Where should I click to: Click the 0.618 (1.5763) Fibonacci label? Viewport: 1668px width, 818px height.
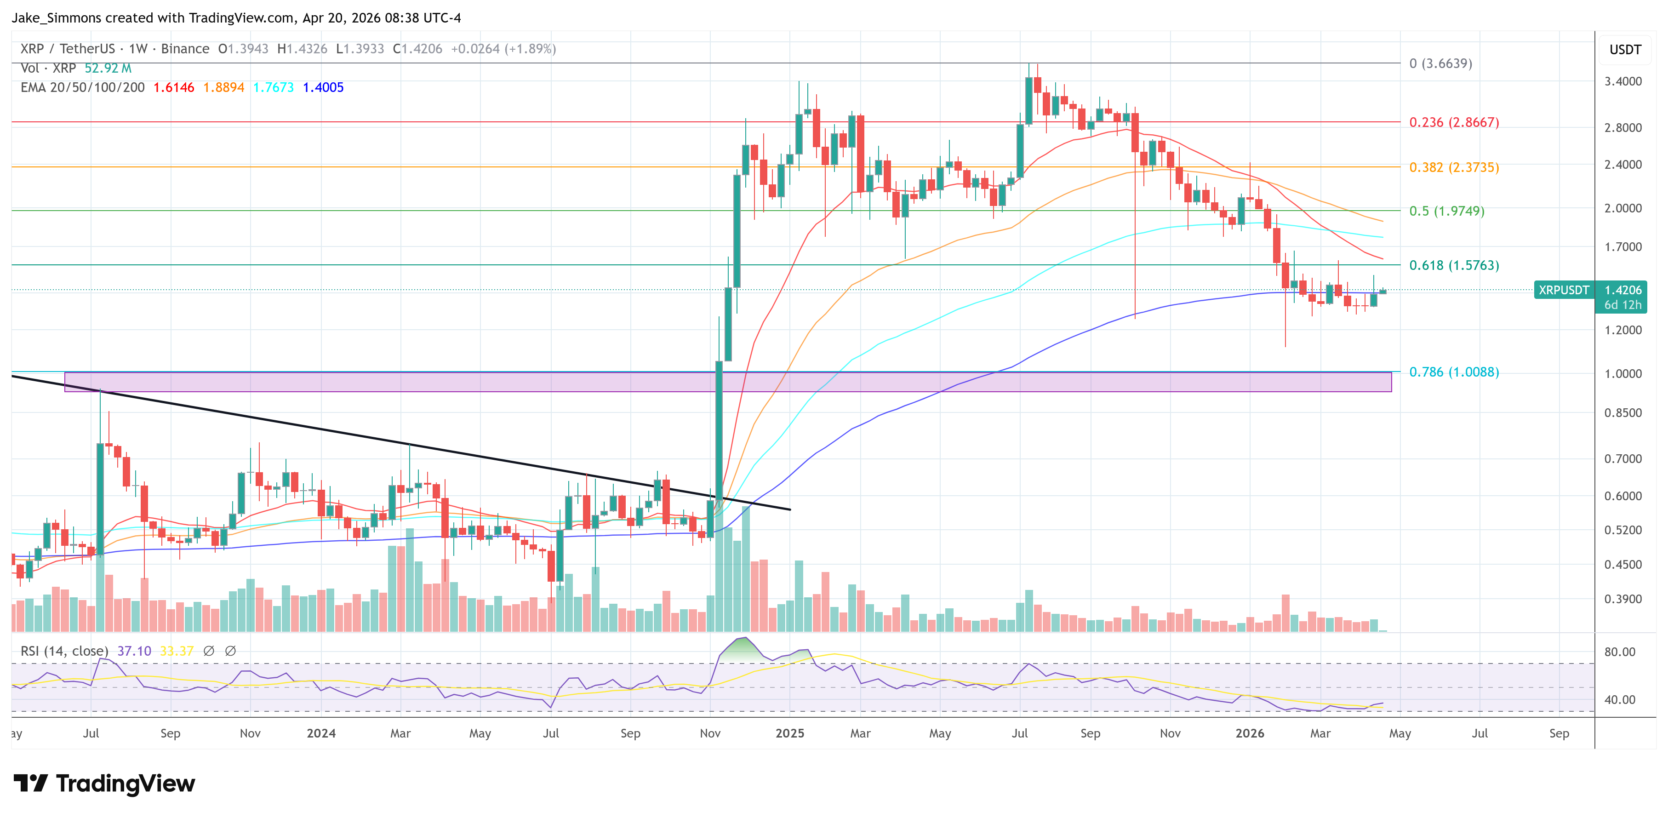[1454, 265]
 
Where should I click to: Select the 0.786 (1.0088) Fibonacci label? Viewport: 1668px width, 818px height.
[1454, 372]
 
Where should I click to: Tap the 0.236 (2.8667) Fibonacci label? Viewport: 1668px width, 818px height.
[1454, 122]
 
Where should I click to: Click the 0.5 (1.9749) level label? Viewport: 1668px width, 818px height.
[1446, 211]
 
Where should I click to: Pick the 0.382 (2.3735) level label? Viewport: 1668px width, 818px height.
[1454, 167]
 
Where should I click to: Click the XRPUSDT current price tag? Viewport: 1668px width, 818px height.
[1563, 290]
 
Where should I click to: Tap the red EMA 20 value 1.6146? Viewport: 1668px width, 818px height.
[173, 87]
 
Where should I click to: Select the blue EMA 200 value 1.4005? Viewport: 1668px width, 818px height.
[323, 87]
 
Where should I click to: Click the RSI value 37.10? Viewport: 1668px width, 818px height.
[134, 651]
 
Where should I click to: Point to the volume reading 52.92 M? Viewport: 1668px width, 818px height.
[108, 68]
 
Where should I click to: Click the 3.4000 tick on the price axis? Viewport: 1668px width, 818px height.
[1622, 81]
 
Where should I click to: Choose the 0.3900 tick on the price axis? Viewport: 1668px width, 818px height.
[1622, 599]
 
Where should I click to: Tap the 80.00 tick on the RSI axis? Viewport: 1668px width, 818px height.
[1619, 652]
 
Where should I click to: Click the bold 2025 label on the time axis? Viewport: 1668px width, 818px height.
[789, 733]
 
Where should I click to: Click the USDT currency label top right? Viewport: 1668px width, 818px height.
[1625, 50]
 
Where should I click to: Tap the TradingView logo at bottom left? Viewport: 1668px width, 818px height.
[103, 784]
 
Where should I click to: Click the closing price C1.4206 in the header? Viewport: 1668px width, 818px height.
[417, 49]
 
